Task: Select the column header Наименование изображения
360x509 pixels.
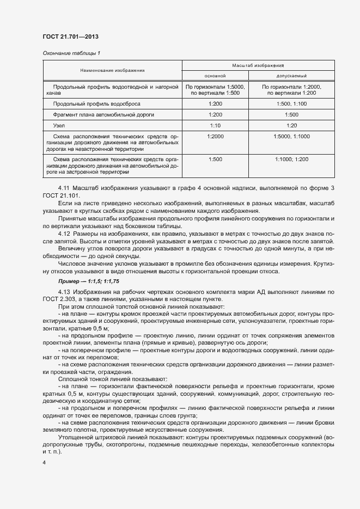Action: point(112,70)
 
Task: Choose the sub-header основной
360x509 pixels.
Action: point(215,76)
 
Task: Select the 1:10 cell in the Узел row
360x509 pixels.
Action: point(215,125)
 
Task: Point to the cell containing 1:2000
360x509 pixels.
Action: point(215,137)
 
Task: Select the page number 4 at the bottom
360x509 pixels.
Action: point(44,462)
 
